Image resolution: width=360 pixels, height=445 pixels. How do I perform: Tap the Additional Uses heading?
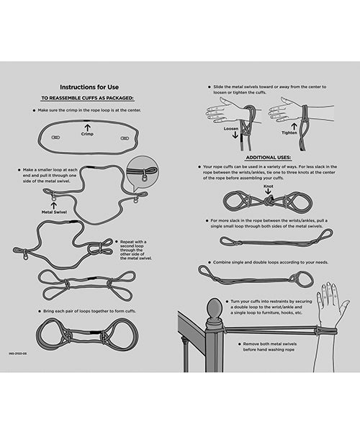[x=268, y=156]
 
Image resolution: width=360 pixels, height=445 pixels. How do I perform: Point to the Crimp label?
[x=87, y=134]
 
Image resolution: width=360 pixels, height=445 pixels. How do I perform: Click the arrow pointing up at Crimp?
[x=87, y=127]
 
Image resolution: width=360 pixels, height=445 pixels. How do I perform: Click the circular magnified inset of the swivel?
[x=142, y=172]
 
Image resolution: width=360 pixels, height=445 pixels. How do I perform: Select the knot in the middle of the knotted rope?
[x=268, y=201]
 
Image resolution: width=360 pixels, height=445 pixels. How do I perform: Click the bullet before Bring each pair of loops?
[x=35, y=311]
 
